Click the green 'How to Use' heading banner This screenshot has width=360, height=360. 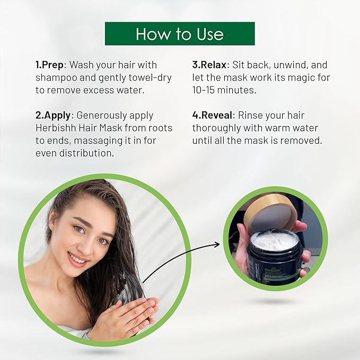(180, 33)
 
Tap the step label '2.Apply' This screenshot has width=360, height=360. (54, 116)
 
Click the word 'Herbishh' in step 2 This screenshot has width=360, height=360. (56, 128)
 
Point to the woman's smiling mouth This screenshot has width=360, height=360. (78, 259)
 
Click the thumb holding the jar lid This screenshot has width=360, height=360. (300, 227)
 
